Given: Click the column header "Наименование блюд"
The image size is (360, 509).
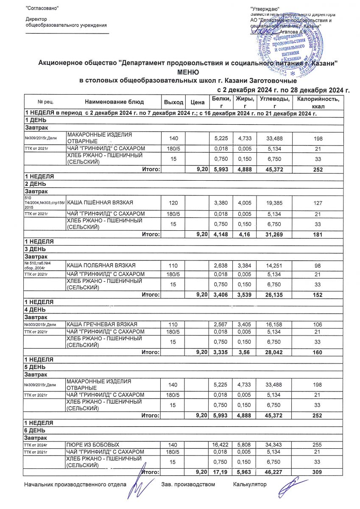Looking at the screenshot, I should (114, 102).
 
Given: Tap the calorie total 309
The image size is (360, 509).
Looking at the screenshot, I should (318, 472).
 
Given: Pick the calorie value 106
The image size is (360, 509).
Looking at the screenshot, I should (318, 324).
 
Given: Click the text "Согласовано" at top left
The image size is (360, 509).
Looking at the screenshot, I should (42, 9).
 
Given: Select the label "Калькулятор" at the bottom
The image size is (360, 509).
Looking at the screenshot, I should (250, 484).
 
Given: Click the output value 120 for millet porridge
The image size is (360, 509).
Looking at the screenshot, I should (173, 201).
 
